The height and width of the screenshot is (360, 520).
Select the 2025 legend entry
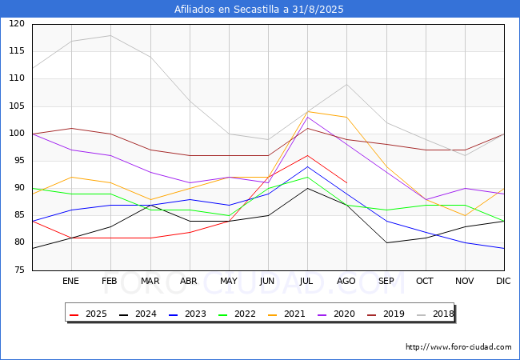88,314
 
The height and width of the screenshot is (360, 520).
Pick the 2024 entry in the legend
138,314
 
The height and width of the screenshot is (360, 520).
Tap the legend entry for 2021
286,314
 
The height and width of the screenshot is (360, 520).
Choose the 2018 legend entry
435,314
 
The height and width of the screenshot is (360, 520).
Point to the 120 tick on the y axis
17,23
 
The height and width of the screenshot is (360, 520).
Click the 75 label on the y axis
19,270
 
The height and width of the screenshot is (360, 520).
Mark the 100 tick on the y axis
17,134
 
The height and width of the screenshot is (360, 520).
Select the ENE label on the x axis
70,281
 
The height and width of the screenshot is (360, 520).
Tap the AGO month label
346,281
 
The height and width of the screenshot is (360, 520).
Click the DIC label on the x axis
503,281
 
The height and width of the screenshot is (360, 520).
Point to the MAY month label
229,281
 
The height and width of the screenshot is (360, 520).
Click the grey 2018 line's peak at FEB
110,35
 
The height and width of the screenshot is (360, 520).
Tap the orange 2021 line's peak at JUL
307,112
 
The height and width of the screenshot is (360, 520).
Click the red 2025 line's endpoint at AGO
346,182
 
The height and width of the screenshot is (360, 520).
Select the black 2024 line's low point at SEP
386,242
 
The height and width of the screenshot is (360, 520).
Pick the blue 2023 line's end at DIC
504,248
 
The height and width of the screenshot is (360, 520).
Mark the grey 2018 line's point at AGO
346,84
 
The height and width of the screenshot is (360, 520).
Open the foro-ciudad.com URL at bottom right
458,347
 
